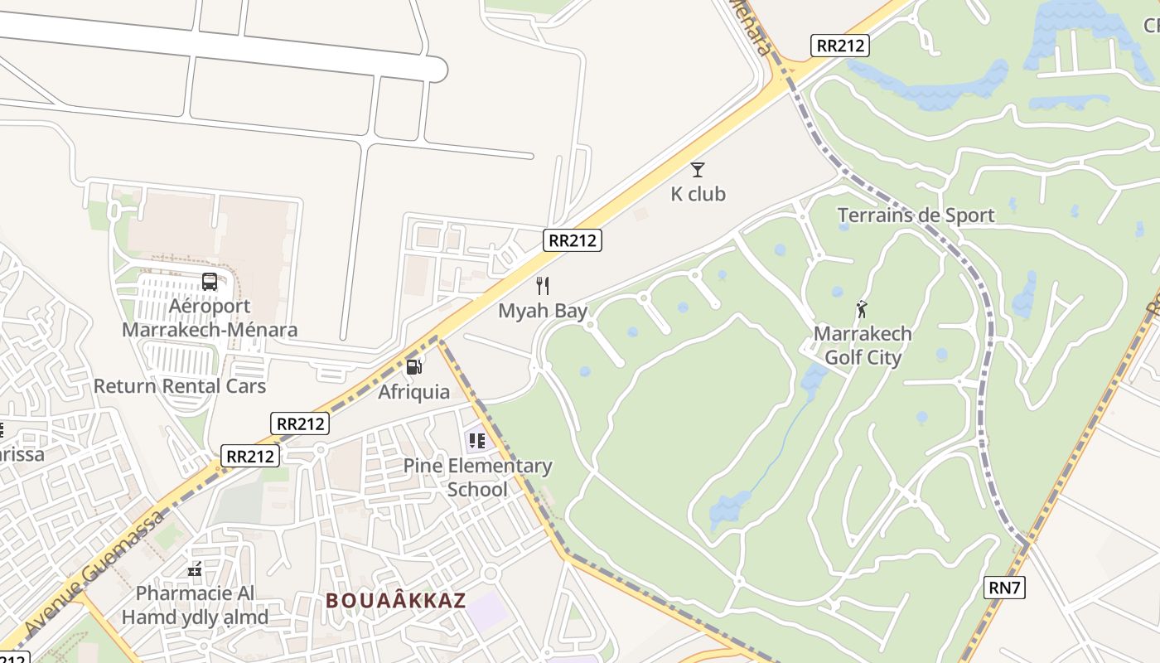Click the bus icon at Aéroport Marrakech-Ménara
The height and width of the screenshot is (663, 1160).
pyautogui.click(x=210, y=282)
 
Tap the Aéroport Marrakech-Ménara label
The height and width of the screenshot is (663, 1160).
pyautogui.click(x=210, y=318)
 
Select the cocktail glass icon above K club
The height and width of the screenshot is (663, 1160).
pyautogui.click(x=698, y=170)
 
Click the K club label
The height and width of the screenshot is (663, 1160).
pyautogui.click(x=698, y=194)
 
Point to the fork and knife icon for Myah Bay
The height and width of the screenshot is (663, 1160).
pyautogui.click(x=543, y=286)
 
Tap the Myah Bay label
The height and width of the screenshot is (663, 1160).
pyautogui.click(x=543, y=312)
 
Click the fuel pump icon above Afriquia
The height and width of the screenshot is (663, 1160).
pyautogui.click(x=414, y=366)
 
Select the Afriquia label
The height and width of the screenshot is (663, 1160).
pyautogui.click(x=414, y=392)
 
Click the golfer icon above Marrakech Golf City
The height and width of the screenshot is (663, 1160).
pyautogui.click(x=862, y=310)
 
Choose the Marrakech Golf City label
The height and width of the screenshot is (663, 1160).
pyautogui.click(x=863, y=346)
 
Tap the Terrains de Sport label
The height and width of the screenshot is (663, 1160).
pyautogui.click(x=916, y=215)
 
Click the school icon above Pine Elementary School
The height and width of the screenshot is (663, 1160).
pyautogui.click(x=476, y=441)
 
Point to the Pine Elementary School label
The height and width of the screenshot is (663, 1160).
pyautogui.click(x=477, y=477)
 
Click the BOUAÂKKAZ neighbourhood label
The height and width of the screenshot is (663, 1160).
pyautogui.click(x=396, y=600)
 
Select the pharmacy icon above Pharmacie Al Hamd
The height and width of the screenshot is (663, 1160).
pyautogui.click(x=195, y=569)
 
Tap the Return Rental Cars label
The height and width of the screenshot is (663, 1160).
pyautogui.click(x=180, y=386)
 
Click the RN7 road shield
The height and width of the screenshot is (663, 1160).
pyautogui.click(x=1005, y=588)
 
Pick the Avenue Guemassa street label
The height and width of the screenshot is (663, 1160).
pyautogui.click(x=91, y=573)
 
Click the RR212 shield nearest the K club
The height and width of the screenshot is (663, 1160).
pyautogui.click(x=573, y=240)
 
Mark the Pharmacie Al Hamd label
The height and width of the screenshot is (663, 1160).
pyautogui.click(x=196, y=606)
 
